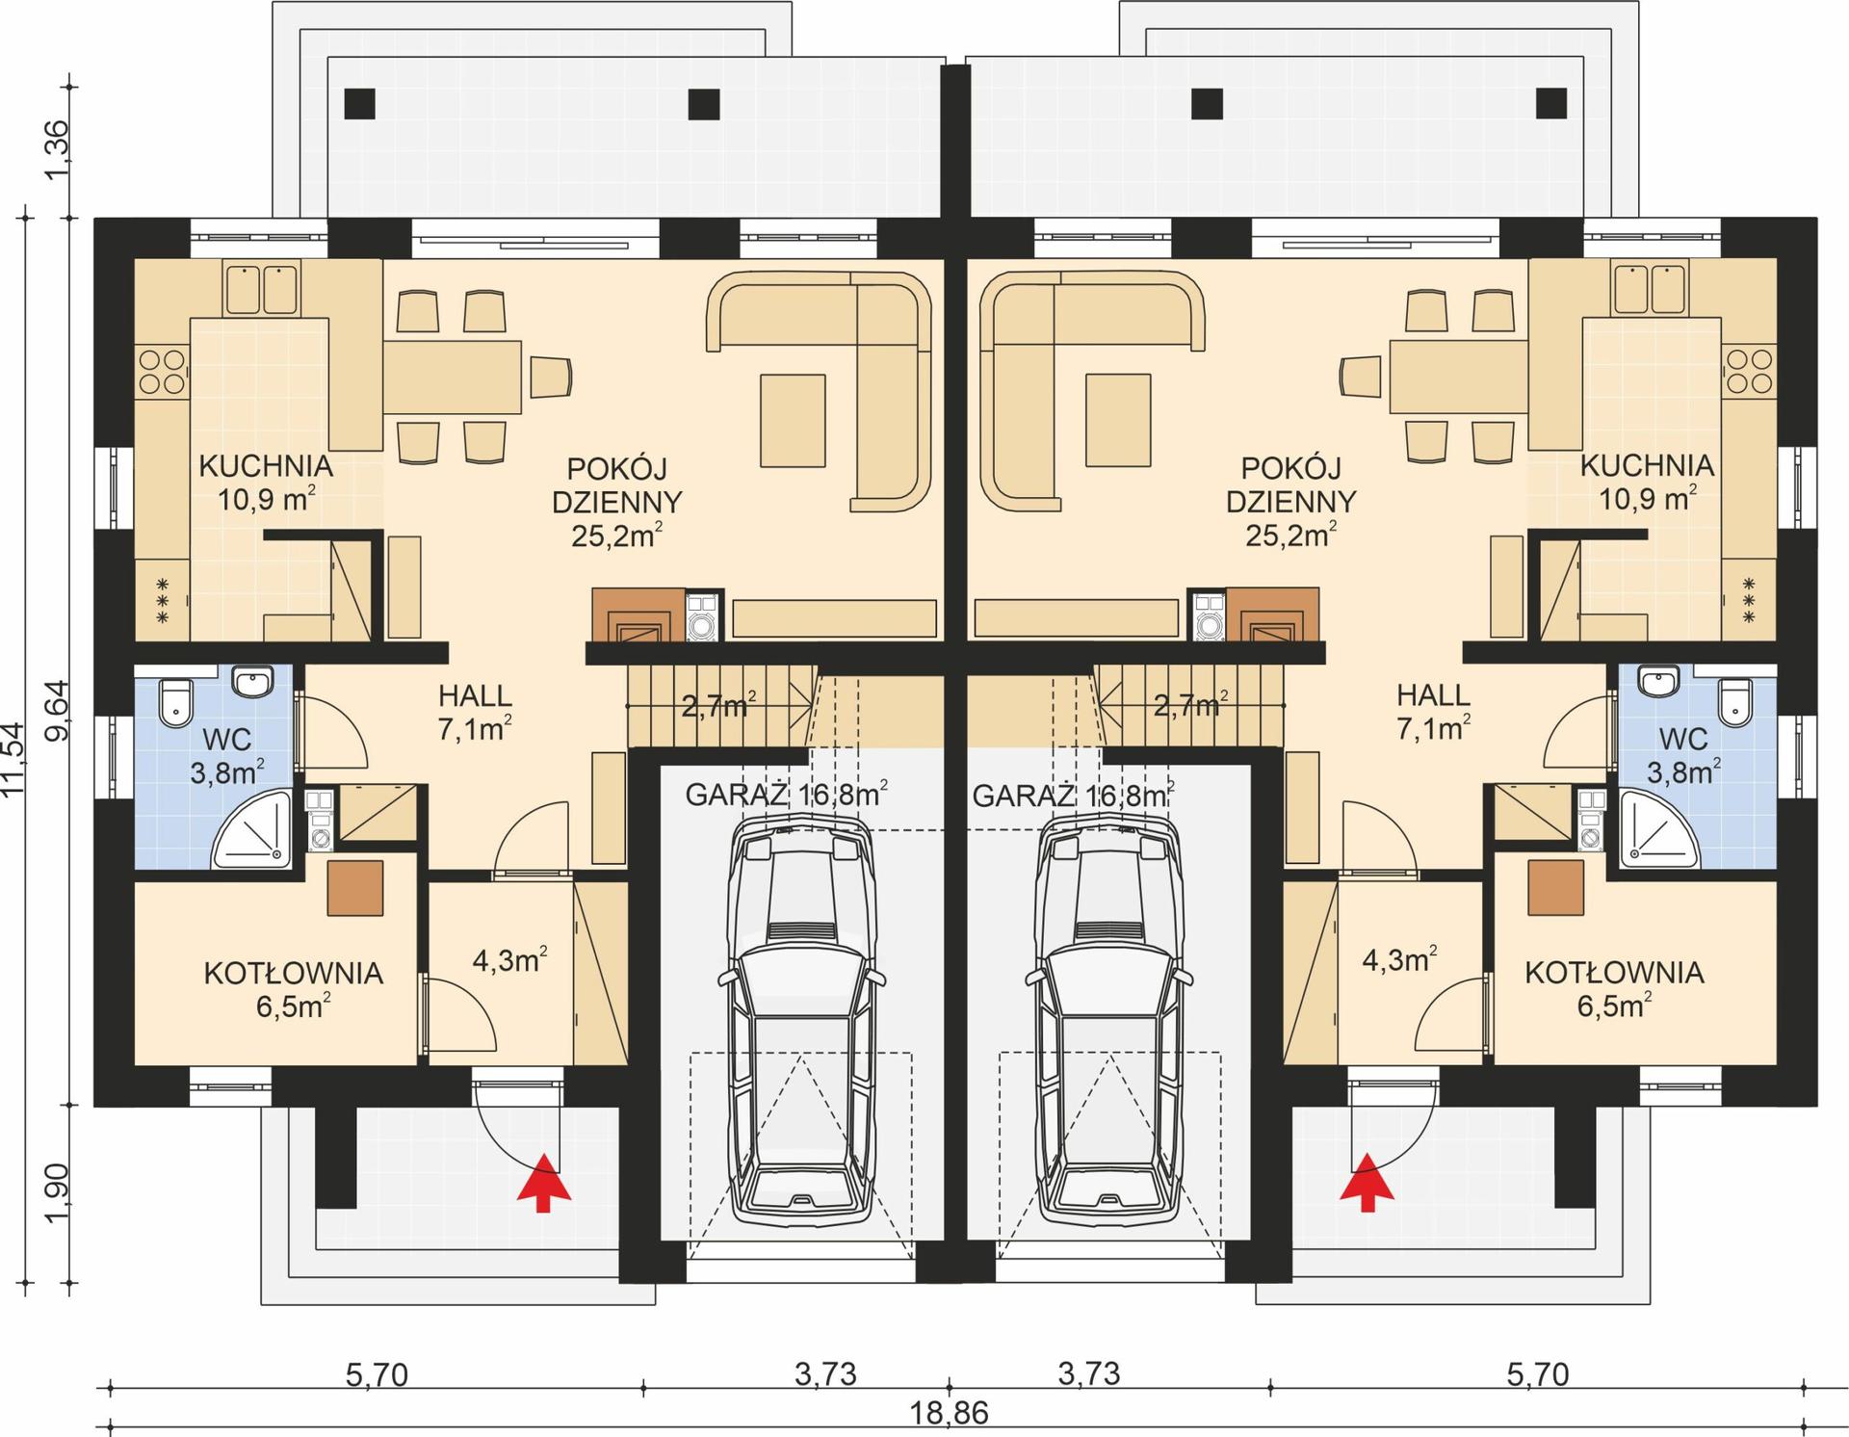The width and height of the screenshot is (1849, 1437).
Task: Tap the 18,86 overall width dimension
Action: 949,1413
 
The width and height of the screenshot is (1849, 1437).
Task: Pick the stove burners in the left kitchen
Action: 161,372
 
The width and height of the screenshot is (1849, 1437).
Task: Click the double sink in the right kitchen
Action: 1649,287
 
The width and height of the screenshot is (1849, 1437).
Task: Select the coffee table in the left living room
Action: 793,421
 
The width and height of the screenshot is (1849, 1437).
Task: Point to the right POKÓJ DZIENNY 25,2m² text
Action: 1290,502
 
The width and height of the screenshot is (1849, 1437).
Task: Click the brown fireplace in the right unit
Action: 1271,614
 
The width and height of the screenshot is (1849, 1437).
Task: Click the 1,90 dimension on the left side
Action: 58,1191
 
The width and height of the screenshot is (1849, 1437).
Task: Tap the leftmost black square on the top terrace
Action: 359,103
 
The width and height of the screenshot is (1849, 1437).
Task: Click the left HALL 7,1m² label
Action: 475,712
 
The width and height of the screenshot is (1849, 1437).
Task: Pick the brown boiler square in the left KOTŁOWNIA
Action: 354,887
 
